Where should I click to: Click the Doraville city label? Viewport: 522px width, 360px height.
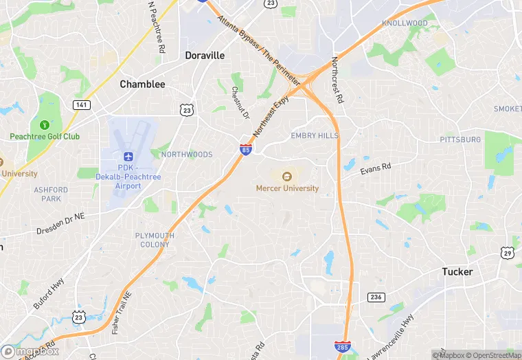coord(205,55)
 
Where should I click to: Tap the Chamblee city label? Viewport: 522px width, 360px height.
coord(142,84)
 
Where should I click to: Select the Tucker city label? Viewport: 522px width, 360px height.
coord(457,271)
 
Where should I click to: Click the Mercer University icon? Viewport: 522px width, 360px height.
coord(286,176)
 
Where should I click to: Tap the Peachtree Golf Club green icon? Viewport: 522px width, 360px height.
coord(45,125)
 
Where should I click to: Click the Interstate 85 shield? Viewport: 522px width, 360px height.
coord(245,149)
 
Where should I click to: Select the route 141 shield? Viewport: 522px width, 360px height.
coord(81,104)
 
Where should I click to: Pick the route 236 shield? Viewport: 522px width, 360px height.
coord(375,296)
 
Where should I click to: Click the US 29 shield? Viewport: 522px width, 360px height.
coord(508,254)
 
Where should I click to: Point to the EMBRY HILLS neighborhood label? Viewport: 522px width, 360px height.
coord(315,135)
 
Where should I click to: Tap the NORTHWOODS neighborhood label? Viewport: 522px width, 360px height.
coord(187,155)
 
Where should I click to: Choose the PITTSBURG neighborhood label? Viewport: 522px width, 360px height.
coord(460,139)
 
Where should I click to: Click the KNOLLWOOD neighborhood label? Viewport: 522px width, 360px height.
coord(405,23)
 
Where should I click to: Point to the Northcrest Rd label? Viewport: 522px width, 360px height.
coord(337,80)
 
